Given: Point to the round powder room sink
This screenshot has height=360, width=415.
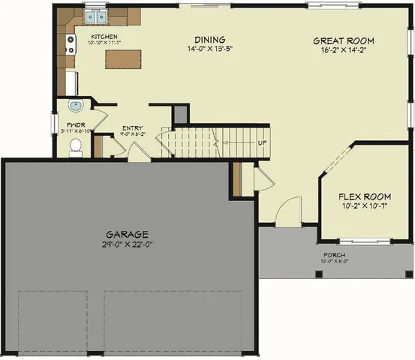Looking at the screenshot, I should pos(75,106).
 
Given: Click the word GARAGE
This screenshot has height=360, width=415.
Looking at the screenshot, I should pos(127,234).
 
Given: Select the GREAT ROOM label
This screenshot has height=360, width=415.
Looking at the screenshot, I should pos(343,40).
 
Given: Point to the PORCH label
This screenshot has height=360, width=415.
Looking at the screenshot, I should pos(335,256).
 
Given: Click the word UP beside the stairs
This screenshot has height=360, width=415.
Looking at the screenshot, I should pos(263,142).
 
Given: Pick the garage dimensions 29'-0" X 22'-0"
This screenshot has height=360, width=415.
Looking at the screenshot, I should pos(127,244).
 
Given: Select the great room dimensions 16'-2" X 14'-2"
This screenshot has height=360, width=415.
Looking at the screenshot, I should pos(343,50).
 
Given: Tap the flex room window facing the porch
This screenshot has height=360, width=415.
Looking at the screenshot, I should pos(365,241).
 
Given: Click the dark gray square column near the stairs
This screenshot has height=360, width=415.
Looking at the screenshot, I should pos(180,114).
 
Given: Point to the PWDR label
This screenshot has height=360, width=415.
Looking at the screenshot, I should pos(74,124).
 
